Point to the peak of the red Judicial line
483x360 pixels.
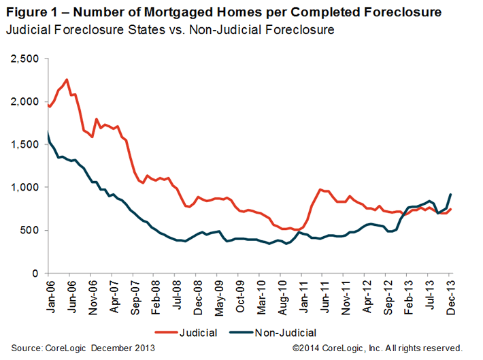[x=66, y=80]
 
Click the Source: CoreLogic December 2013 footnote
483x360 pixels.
[x=83, y=347]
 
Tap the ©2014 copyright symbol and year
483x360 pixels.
[x=305, y=347]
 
